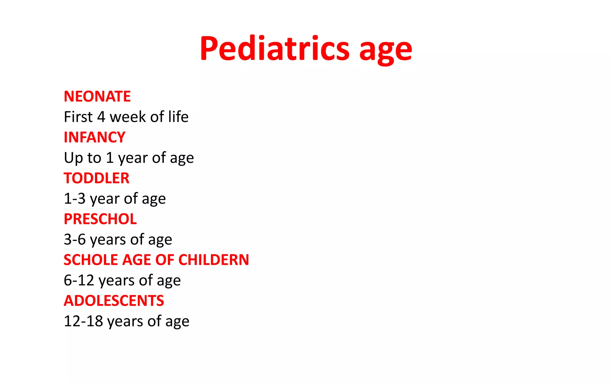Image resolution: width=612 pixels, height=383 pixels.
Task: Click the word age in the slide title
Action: point(385,51)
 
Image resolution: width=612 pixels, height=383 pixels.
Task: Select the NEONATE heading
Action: point(97,96)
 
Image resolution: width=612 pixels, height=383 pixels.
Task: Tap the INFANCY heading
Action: point(94,137)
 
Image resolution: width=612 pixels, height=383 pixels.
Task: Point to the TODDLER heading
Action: point(97,178)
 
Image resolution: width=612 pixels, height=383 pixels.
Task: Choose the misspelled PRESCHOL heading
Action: point(100,219)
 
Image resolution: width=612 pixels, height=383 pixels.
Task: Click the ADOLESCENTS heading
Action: point(114,301)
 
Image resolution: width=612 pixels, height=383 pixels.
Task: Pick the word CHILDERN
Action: point(214,260)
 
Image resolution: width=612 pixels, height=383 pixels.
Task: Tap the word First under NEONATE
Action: point(78,117)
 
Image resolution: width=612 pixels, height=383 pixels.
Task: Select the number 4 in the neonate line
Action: point(101,117)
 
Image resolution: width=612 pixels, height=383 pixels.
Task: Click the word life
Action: point(178,117)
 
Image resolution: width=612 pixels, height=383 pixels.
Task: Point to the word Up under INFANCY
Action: point(73,158)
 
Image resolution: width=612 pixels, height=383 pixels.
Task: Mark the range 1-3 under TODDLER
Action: point(74,199)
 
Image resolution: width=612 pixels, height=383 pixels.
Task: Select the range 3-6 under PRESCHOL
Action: point(74,240)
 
